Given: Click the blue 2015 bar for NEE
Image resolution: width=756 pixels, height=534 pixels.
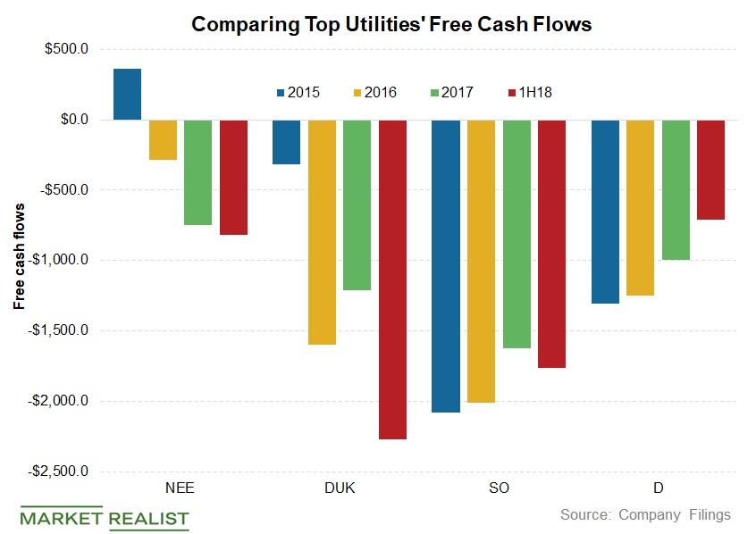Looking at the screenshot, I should tap(127, 94).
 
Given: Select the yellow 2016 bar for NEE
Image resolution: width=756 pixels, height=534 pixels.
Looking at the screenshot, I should tap(163, 139).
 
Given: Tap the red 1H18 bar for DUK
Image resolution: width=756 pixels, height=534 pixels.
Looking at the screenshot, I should tap(393, 279).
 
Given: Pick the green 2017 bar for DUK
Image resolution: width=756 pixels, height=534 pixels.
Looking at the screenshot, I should tap(357, 204).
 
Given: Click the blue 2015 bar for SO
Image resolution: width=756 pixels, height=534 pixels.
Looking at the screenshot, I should tap(445, 265).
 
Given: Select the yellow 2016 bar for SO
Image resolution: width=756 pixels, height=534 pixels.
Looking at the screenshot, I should tap(481, 261).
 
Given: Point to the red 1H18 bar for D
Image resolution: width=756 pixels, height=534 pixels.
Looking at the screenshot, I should tap(710, 169).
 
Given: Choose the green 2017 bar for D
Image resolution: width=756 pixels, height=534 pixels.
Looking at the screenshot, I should tap(675, 189).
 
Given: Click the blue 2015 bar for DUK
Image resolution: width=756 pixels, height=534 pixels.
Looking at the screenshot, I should tap(286, 141).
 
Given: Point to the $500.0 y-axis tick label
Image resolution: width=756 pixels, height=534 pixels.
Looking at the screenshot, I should tap(63, 49).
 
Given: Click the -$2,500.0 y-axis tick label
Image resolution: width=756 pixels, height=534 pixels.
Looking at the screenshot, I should tap(56, 471).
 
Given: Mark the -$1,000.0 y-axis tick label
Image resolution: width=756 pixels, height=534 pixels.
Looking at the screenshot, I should tap(56, 260).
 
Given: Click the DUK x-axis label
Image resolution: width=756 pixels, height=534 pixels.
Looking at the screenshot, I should tap(339, 488).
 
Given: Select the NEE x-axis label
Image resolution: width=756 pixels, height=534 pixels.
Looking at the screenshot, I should tap(180, 488).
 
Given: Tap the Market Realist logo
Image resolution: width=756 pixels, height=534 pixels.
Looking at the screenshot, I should tap(105, 517).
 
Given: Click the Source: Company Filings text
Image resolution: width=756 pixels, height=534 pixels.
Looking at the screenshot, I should tap(644, 514).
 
